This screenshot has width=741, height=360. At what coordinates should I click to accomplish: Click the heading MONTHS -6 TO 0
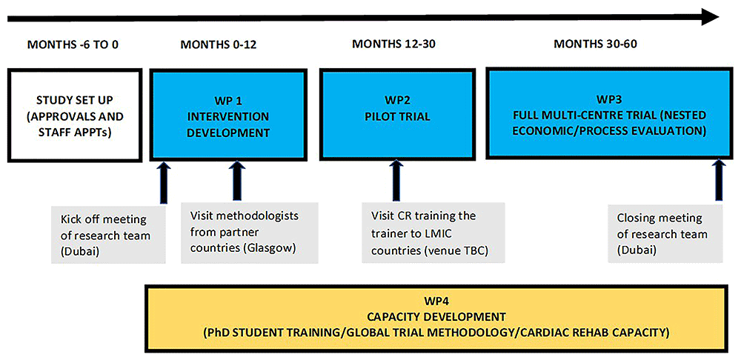[73, 45]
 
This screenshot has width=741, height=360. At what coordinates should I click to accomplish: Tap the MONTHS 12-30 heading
[393, 44]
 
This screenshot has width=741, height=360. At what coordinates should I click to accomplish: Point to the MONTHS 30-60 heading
[596, 44]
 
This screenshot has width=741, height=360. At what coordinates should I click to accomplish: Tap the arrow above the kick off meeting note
[164, 182]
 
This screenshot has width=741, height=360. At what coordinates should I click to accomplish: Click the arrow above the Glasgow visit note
[237, 181]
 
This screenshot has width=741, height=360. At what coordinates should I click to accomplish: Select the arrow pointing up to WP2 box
[396, 180]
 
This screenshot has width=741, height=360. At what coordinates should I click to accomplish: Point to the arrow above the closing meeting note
[719, 181]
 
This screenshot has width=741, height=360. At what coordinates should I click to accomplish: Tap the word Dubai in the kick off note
[79, 251]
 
